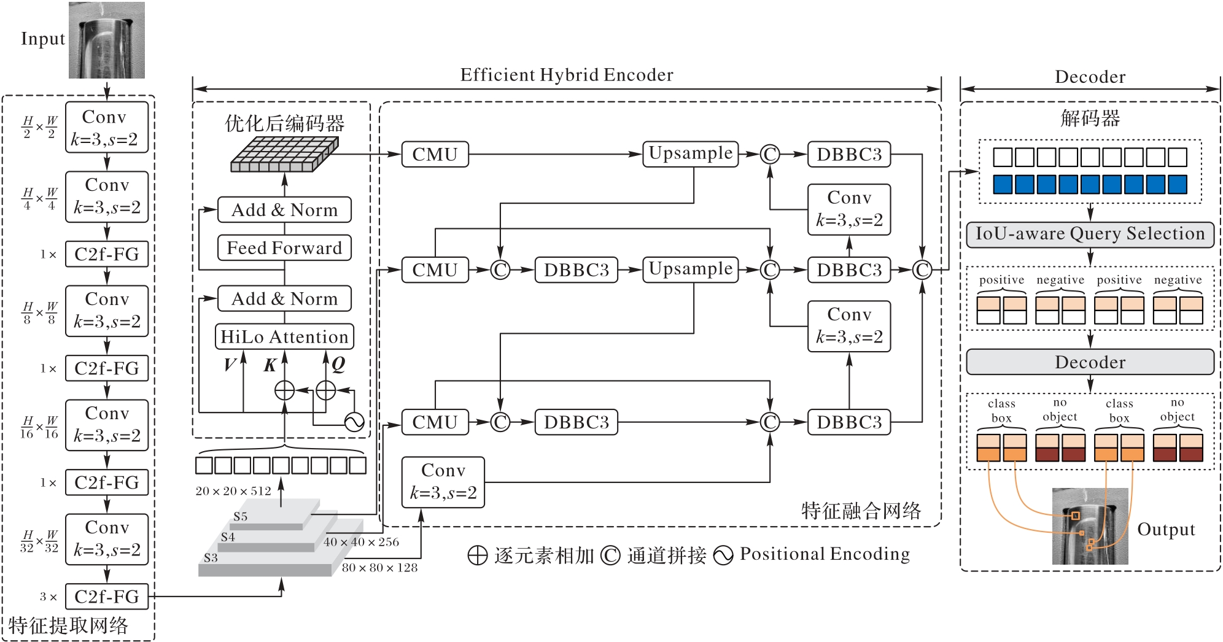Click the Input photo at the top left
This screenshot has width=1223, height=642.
(x=107, y=41)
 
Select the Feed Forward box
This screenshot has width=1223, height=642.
(x=284, y=248)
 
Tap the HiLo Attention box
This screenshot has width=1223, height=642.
(x=284, y=337)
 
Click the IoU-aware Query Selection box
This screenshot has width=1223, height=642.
(x=1090, y=234)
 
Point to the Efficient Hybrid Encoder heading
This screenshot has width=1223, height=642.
(x=567, y=75)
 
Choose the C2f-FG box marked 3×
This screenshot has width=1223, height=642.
(x=107, y=597)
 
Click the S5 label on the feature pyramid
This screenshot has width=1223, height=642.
(x=240, y=517)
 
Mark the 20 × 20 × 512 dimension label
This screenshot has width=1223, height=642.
(x=233, y=491)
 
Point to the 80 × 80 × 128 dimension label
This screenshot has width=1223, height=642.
(x=379, y=568)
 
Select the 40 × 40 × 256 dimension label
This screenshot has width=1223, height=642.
(x=361, y=542)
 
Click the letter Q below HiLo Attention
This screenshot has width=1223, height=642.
(x=338, y=365)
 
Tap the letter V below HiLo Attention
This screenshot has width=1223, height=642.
(x=230, y=365)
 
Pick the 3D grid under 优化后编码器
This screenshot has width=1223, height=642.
(x=284, y=154)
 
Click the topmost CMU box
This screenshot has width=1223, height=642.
(x=435, y=155)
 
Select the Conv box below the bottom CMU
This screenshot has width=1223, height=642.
(x=443, y=482)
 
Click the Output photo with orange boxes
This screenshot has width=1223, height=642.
(x=1090, y=526)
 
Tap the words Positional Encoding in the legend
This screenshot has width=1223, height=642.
(x=825, y=554)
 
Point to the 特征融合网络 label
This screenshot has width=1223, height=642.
(x=861, y=511)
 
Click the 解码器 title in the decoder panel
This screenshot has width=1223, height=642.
(x=1090, y=118)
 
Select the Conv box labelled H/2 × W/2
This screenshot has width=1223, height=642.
(x=107, y=128)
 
